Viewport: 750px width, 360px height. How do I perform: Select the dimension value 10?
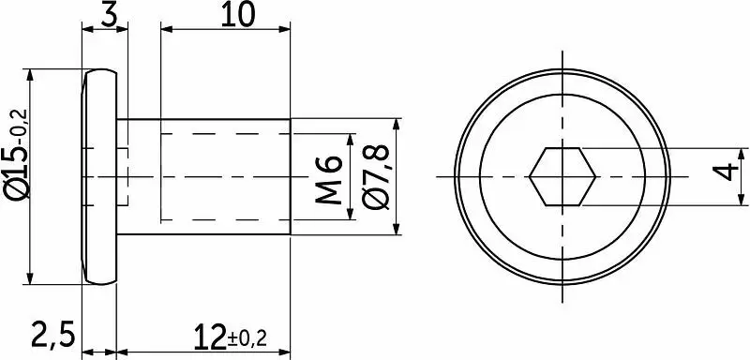237,15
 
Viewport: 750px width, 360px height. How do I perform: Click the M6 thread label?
329,180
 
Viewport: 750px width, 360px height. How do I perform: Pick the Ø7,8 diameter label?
376,176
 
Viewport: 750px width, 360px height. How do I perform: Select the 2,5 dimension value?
53,335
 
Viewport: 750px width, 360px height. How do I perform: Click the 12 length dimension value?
210,336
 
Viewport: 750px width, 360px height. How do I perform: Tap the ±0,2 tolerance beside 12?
247,339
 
